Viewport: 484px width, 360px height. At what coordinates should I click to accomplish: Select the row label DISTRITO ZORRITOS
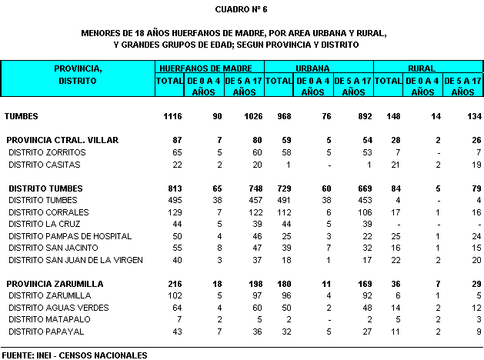[x=47, y=152]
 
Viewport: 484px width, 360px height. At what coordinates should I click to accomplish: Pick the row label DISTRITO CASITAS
[x=44, y=164]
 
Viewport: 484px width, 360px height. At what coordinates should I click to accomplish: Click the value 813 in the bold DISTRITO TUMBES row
[x=173, y=188]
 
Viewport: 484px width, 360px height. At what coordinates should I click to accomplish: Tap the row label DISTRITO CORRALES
[x=47, y=212]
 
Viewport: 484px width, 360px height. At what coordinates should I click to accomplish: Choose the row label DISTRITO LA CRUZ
[x=45, y=224]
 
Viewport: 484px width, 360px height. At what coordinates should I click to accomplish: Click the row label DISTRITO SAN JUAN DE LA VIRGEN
[x=75, y=259]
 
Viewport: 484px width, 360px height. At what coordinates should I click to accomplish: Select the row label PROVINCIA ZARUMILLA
[x=55, y=284]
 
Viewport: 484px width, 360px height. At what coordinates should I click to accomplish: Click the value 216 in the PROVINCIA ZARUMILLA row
[x=173, y=284]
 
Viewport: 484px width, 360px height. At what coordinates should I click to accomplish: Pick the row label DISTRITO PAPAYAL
[x=45, y=331]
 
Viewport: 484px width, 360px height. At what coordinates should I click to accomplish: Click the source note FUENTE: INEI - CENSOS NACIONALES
[x=74, y=355]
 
